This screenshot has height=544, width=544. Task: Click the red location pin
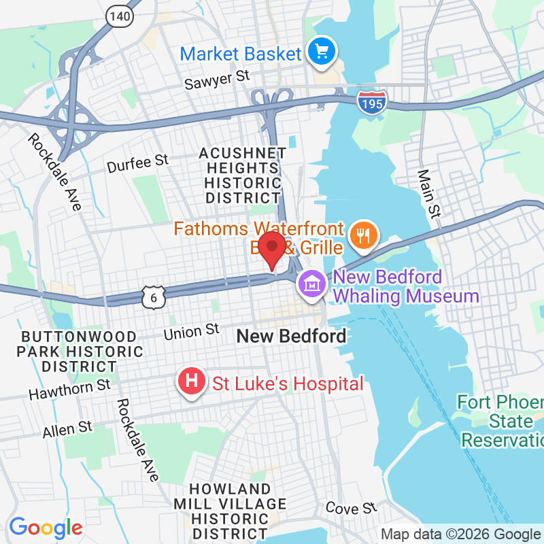pyautogui.click(x=273, y=249)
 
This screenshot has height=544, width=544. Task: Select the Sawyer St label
pyautogui.click(x=218, y=80)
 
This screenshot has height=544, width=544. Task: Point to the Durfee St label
pyautogui.click(x=138, y=163)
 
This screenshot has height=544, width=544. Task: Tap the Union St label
pyautogui.click(x=191, y=333)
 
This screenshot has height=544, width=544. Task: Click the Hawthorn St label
pyautogui.click(x=69, y=390)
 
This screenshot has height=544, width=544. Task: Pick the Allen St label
pyautogui.click(x=67, y=430)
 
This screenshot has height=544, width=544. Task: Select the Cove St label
pyautogui.click(x=351, y=508)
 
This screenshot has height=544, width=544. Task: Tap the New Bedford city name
pyautogui.click(x=291, y=336)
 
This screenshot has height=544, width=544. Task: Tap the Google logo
pyautogui.click(x=46, y=528)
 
